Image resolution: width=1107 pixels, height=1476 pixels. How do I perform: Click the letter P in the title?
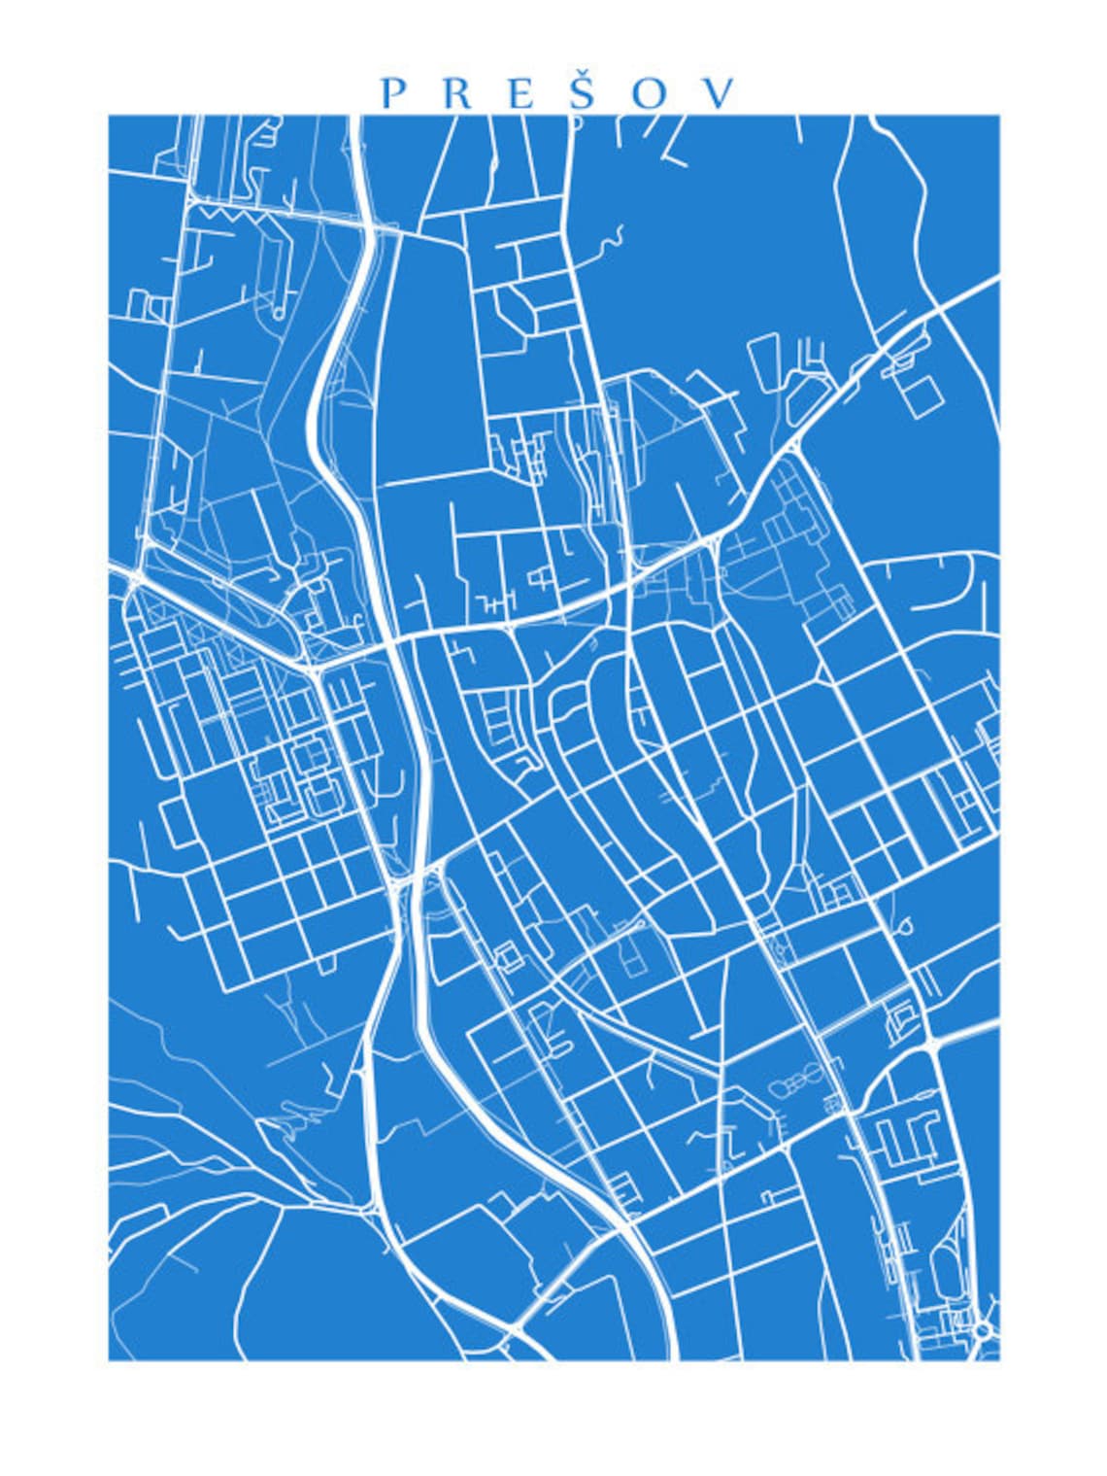tap(393, 93)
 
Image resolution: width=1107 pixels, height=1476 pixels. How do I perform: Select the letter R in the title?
tap(459, 93)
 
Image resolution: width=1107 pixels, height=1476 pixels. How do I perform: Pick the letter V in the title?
tap(720, 93)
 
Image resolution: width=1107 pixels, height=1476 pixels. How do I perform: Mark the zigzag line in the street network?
tap(230, 215)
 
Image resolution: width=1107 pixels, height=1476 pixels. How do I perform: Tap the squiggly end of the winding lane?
tap(612, 238)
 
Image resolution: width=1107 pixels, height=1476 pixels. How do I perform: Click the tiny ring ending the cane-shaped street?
tap(279, 313)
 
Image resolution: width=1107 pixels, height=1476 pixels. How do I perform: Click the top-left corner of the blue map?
tap(109, 116)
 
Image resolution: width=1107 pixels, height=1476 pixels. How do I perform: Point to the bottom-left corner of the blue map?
tap(109, 1359)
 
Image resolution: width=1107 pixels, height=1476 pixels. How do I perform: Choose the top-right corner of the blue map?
tap(999, 116)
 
